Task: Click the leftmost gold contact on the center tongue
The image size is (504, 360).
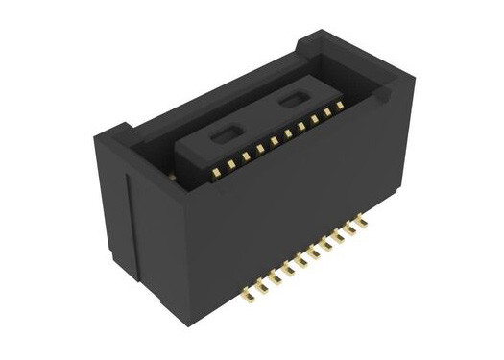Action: [217, 172]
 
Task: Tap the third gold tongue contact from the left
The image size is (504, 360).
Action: [246, 156]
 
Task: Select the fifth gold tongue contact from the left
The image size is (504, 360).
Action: [274, 141]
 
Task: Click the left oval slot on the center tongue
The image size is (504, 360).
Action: [223, 136]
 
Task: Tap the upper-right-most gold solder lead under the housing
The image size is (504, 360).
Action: [361, 220]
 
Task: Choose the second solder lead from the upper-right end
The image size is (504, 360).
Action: [349, 228]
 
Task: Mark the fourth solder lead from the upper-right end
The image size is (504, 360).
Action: [325, 242]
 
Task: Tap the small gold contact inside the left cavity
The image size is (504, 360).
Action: [172, 176]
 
